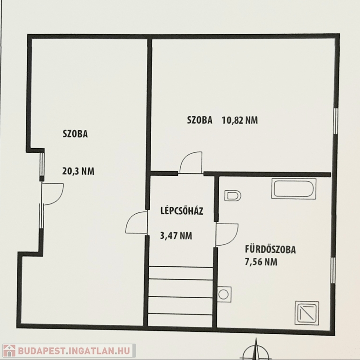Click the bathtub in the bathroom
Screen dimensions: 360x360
(294, 188)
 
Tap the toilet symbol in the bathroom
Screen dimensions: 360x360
(233, 195)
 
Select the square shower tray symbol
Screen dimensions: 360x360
(306, 313)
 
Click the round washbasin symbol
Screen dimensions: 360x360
(224, 294)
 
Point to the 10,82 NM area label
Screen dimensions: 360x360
(239, 120)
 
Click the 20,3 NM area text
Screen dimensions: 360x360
(78, 171)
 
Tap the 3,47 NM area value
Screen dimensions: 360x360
(176, 236)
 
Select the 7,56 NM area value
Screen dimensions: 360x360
(261, 262)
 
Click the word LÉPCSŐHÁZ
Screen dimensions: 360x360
(182, 210)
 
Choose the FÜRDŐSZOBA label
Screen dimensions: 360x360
(270, 249)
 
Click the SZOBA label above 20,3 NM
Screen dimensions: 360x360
(75, 134)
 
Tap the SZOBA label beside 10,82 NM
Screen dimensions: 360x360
(199, 120)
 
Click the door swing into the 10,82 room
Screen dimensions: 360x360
(191, 163)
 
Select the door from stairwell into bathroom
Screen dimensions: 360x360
(227, 234)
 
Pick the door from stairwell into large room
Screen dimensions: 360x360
(136, 223)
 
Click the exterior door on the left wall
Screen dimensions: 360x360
(53, 194)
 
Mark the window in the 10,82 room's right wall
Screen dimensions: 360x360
(336, 121)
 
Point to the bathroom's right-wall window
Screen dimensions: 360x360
(333, 270)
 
